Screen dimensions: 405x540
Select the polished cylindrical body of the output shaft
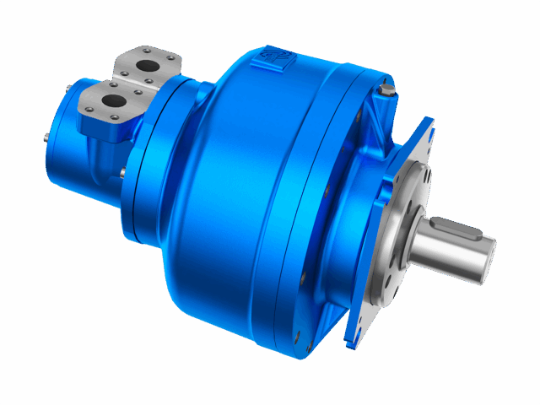tap(439, 253)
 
